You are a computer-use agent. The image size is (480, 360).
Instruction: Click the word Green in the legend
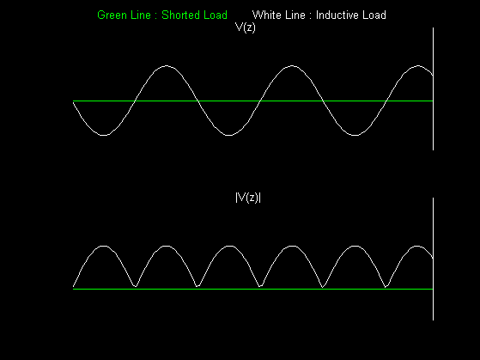(110, 15)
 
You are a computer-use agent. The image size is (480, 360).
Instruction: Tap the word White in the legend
(265, 15)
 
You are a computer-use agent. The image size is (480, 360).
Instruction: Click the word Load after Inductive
(374, 15)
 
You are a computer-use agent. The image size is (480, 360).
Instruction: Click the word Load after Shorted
(216, 15)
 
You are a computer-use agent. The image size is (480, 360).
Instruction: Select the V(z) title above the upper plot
(246, 27)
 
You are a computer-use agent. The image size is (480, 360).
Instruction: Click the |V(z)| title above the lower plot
(248, 198)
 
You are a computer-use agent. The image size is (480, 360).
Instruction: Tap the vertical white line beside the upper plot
(433, 88)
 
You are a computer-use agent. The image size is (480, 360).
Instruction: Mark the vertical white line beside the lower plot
(433, 259)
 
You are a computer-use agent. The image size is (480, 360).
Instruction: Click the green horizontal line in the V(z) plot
(252, 101)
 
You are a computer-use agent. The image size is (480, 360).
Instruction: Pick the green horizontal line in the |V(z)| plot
(252, 289)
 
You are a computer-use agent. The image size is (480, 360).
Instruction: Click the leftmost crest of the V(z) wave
(166, 65)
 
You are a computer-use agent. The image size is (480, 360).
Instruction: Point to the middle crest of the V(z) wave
(292, 65)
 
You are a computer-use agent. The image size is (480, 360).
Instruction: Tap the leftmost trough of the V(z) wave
(104, 135)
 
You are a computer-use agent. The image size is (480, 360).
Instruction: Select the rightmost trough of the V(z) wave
(355, 135)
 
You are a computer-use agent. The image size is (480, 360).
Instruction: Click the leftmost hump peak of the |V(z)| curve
(104, 246)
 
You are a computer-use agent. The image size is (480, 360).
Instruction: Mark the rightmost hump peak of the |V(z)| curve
(417, 246)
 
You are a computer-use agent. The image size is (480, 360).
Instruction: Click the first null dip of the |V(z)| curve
(136, 286)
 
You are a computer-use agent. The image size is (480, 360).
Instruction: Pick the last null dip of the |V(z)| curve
(386, 287)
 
